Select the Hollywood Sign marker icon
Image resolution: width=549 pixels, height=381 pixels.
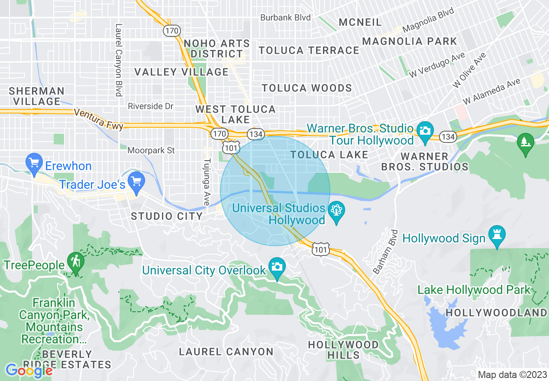[497, 235]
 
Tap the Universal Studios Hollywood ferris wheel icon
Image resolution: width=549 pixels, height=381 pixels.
[336, 212]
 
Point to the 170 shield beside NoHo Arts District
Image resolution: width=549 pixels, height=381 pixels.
[172, 31]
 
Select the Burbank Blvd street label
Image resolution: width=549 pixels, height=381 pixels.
[285, 18]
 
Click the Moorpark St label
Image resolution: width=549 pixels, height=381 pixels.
[151, 151]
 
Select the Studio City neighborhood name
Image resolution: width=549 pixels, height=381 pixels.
[167, 216]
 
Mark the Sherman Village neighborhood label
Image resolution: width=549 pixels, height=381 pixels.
[36, 96]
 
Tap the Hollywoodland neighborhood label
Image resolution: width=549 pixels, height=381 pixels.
[496, 313]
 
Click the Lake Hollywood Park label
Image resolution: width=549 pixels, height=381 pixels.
[474, 290]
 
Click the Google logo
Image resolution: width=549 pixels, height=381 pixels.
[29, 371]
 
